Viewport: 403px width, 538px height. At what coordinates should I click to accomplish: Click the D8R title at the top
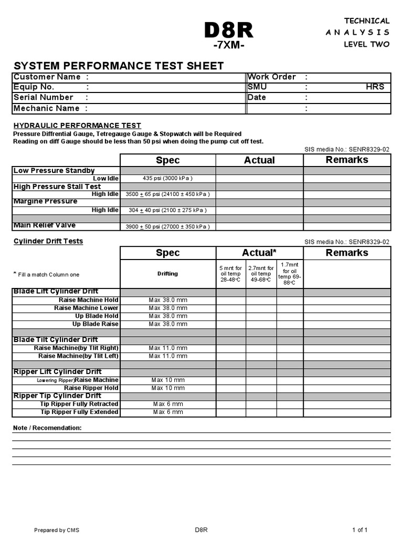click(x=228, y=31)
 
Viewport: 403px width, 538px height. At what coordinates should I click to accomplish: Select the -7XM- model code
click(x=228, y=46)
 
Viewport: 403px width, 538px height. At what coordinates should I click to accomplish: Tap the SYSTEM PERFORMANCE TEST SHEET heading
click(x=119, y=66)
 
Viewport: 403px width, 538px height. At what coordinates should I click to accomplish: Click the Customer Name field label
click(x=47, y=77)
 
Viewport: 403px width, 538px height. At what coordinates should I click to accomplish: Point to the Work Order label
click(x=271, y=77)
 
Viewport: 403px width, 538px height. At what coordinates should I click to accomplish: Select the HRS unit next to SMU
click(x=375, y=87)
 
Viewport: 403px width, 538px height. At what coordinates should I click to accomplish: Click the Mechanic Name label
click(x=46, y=108)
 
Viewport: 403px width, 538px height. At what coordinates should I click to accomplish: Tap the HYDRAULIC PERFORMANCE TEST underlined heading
click(x=77, y=126)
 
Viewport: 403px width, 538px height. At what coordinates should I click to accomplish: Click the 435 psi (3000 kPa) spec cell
click(x=168, y=179)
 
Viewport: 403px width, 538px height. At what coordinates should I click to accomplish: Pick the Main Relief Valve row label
click(x=44, y=225)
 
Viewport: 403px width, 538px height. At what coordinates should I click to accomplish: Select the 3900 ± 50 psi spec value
click(x=168, y=226)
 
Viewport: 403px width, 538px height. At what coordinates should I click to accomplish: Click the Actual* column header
click(x=259, y=253)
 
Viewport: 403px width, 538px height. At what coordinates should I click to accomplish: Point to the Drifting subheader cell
click(x=168, y=274)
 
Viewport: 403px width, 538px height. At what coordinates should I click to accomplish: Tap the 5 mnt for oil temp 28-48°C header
click(x=231, y=274)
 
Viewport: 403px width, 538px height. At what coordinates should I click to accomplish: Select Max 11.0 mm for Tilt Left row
click(x=168, y=356)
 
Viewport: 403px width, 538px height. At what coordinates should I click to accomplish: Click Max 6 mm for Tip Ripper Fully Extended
click(x=168, y=412)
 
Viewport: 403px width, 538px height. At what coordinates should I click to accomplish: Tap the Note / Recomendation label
click(x=47, y=428)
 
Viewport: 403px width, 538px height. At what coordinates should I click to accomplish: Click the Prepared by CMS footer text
click(x=57, y=530)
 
